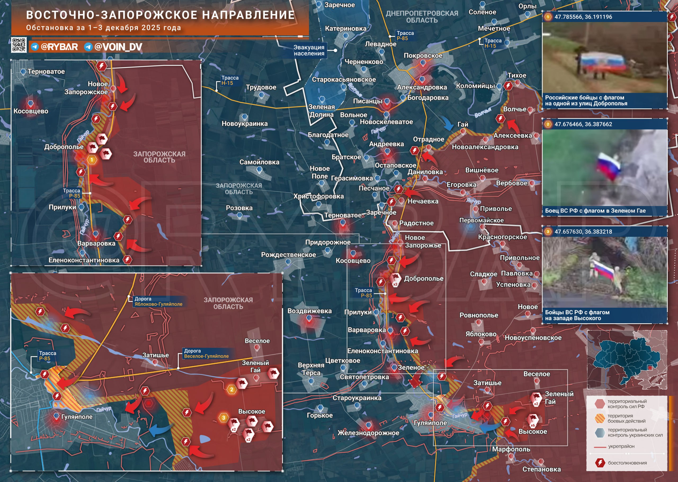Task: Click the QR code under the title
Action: pos(19,45)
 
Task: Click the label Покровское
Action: pos(423,55)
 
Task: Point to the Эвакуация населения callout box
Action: pos(309,50)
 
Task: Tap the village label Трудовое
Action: pos(261,87)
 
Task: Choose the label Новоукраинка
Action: pos(244,123)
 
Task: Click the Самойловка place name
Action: pos(259,162)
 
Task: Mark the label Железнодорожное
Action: pos(368,433)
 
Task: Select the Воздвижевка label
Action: pos(309,311)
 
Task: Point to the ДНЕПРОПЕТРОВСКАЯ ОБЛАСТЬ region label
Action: pos(422,17)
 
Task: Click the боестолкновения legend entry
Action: pos(627,463)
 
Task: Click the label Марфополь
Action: pos(511,449)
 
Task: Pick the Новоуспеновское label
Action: pos(533,338)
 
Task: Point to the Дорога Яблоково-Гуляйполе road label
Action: pos(158,301)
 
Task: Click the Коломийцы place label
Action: pos(475,86)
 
